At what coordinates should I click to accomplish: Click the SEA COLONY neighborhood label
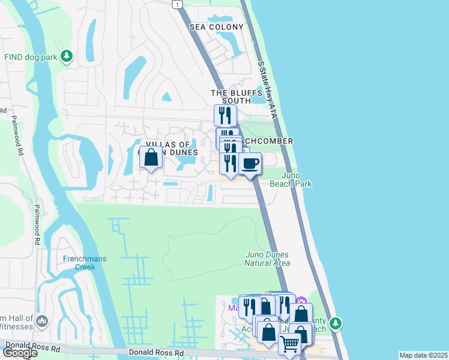click(217, 27)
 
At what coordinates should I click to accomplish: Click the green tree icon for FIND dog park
click(67, 56)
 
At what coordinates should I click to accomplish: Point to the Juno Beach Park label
click(297, 179)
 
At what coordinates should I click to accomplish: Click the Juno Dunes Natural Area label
click(268, 259)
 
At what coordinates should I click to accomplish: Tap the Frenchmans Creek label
click(85, 263)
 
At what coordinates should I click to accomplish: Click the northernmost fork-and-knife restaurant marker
click(225, 115)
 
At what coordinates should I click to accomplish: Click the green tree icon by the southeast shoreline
click(336, 323)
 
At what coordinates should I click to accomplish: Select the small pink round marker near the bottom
click(302, 301)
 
